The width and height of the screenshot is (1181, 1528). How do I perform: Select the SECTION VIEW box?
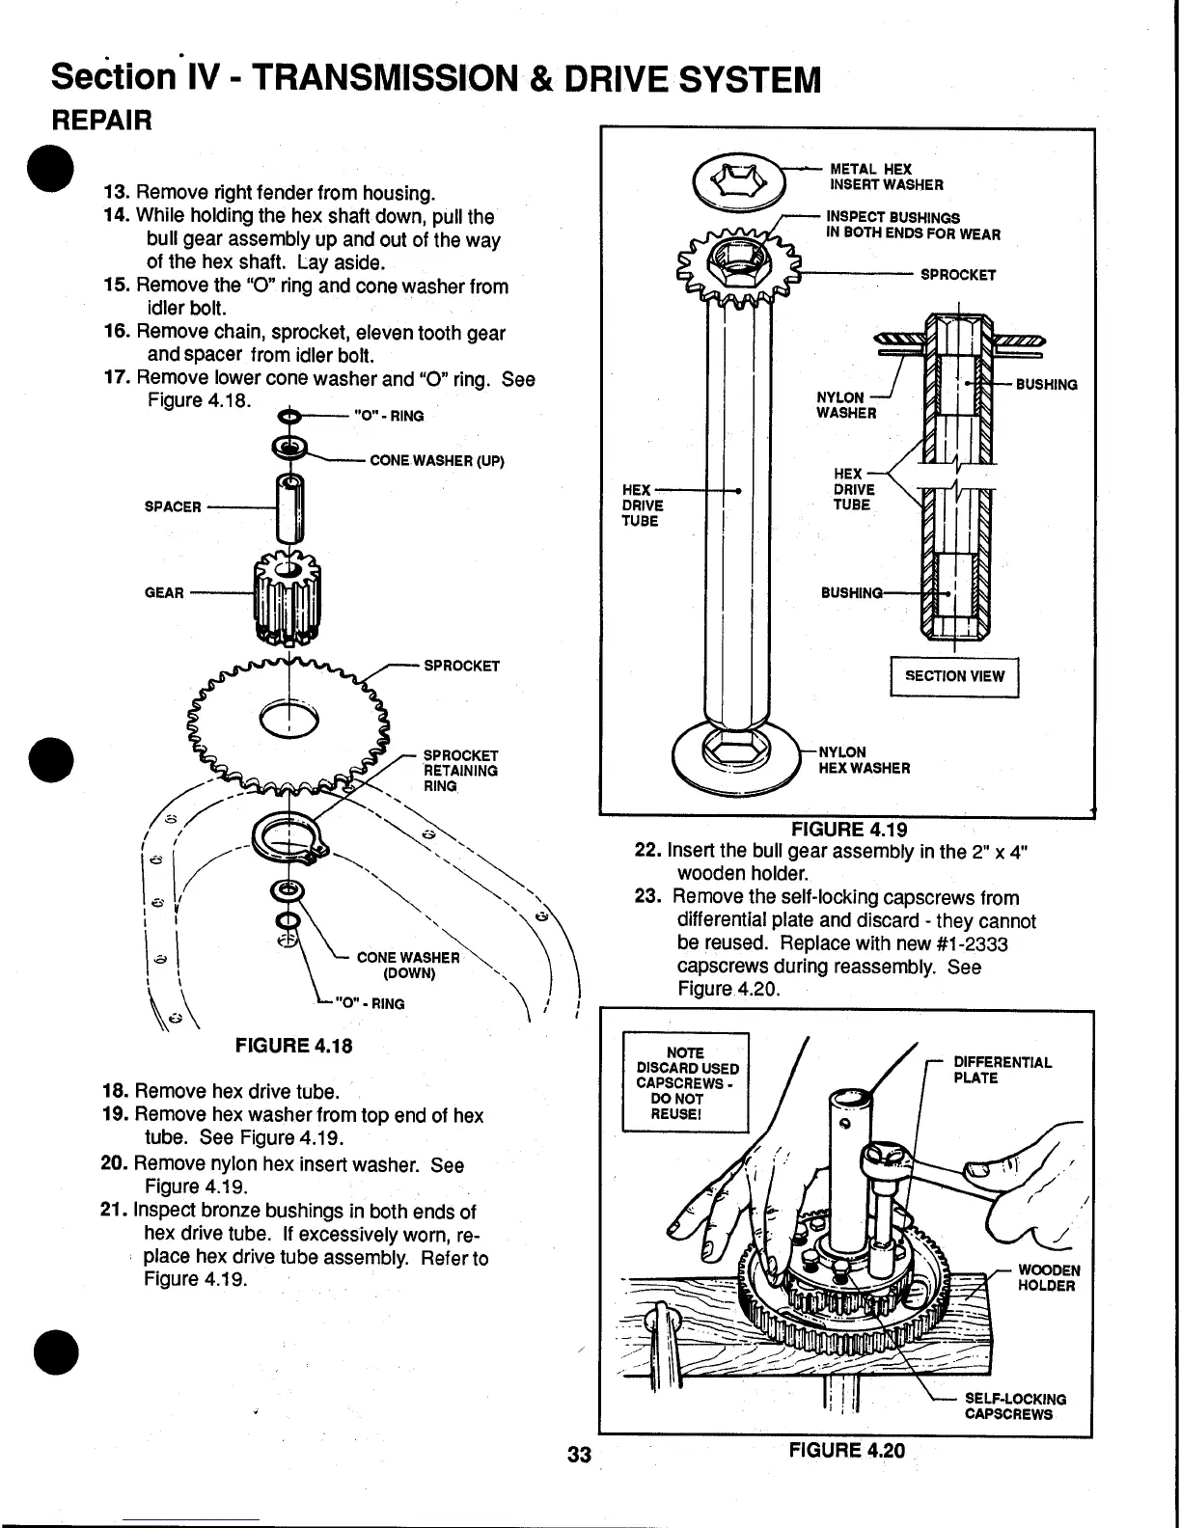[x=953, y=676]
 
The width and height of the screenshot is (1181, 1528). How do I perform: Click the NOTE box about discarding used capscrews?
[x=686, y=1082]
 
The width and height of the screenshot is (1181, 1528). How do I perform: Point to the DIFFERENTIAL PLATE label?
[x=1002, y=1070]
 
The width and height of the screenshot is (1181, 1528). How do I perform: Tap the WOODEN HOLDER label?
[x=1049, y=1277]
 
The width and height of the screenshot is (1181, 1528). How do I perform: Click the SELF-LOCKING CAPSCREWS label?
[x=1015, y=1406]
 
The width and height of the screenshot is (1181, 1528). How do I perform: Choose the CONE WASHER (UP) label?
[x=437, y=460]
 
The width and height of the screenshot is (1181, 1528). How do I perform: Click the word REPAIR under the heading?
[x=101, y=122]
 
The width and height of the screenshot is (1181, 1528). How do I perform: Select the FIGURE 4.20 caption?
[x=847, y=1450]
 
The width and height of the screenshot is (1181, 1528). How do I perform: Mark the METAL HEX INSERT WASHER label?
[x=886, y=177]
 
